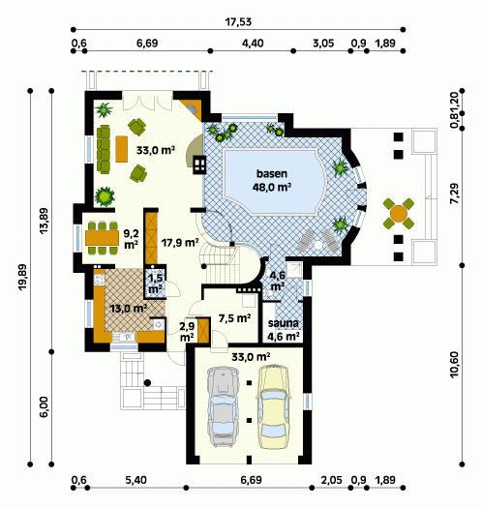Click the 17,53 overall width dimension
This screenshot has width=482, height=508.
click(x=238, y=22)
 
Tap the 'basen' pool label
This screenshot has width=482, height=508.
click(x=272, y=173)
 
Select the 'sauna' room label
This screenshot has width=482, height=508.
click(x=283, y=323)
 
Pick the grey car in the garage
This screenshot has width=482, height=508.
click(x=224, y=407)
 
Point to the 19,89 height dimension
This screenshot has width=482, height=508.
click(x=23, y=278)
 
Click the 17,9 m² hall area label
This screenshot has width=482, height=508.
click(x=180, y=242)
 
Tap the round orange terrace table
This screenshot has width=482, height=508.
click(x=399, y=214)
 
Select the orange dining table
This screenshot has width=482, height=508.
click(x=102, y=238)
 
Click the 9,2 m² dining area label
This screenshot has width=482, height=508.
click(x=131, y=239)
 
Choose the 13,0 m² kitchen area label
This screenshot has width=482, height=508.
click(x=129, y=308)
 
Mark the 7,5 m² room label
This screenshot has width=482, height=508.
click(x=234, y=318)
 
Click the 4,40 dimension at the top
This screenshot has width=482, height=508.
click(x=253, y=44)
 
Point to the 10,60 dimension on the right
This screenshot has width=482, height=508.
click(x=455, y=365)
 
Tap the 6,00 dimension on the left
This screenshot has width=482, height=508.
click(x=45, y=407)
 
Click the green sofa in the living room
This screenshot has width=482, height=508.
click(x=104, y=149)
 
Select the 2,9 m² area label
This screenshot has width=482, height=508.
click(x=187, y=332)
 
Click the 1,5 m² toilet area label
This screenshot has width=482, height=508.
click(x=155, y=284)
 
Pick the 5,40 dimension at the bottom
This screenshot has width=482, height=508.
click(x=136, y=480)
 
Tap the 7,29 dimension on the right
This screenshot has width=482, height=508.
click(x=455, y=194)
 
